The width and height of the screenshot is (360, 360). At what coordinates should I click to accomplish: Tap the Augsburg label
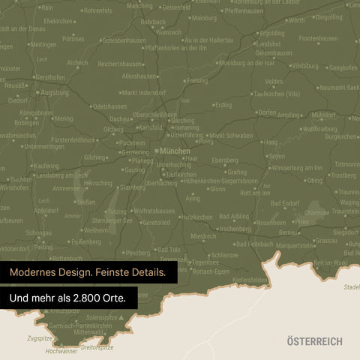[x=54, y=92]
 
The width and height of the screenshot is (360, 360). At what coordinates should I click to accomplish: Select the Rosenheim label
[x=271, y=223]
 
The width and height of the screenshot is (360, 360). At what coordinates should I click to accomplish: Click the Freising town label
[x=196, y=80]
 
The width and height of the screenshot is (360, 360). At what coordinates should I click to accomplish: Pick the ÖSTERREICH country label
[x=313, y=341]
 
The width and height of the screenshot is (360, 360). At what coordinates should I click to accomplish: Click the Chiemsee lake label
[x=316, y=212]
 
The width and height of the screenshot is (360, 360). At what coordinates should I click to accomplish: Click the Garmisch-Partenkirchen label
[x=81, y=327]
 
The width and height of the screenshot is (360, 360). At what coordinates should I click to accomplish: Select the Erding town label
[x=223, y=106]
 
